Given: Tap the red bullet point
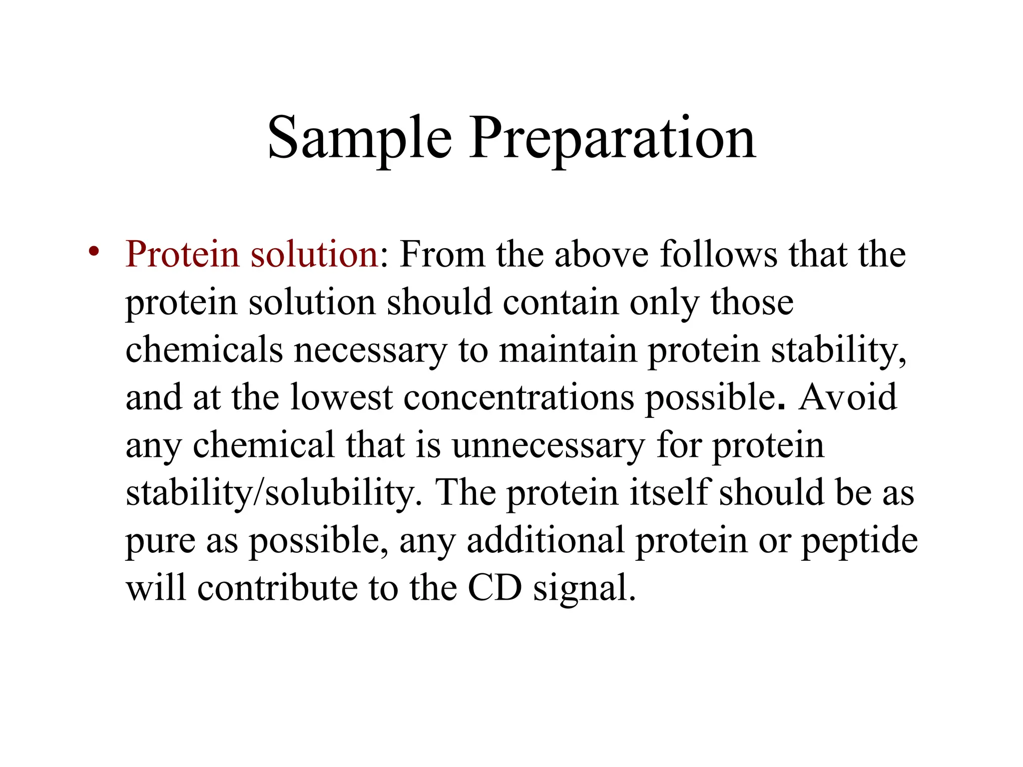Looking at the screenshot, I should point(93,251).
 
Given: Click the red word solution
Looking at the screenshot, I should point(315,254).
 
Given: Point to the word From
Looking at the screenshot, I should point(442,254).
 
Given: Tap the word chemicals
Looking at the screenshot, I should point(204,350).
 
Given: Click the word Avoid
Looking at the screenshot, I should point(847,397).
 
